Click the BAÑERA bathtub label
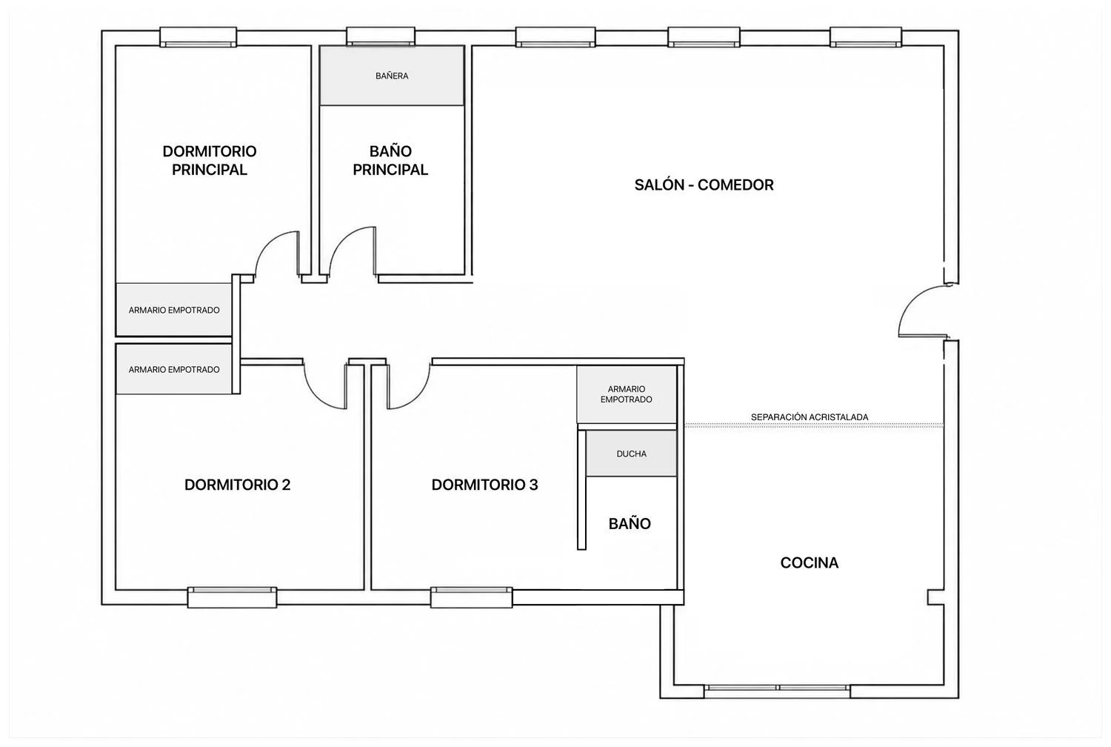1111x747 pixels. (x=392, y=76)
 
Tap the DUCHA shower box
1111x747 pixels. (x=631, y=453)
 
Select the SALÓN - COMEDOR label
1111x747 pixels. (x=704, y=185)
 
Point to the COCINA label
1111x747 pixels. (x=809, y=562)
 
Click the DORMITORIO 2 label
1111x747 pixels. (x=237, y=485)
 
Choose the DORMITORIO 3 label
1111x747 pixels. (x=484, y=485)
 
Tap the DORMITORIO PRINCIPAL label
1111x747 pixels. (x=210, y=160)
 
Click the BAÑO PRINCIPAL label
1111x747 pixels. (x=390, y=160)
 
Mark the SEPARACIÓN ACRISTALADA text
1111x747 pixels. (x=810, y=417)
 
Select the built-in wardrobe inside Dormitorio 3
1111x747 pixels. (x=627, y=394)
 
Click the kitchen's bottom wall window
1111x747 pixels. (x=777, y=691)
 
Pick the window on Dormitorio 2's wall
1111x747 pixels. (x=232, y=597)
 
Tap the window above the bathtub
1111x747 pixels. (x=381, y=37)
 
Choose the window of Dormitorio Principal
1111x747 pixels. (x=198, y=37)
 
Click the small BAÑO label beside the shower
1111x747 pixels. (x=630, y=523)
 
